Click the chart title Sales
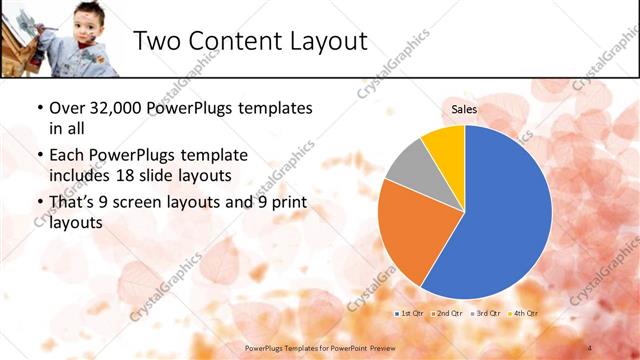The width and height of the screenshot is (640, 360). [x=464, y=109]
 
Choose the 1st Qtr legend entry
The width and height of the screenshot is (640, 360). [x=408, y=314]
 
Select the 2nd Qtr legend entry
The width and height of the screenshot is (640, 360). [x=445, y=314]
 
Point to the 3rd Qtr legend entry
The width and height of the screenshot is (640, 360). [x=486, y=314]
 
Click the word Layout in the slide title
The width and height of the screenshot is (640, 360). [x=321, y=41]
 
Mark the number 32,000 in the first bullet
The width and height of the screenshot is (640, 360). [x=113, y=108]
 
